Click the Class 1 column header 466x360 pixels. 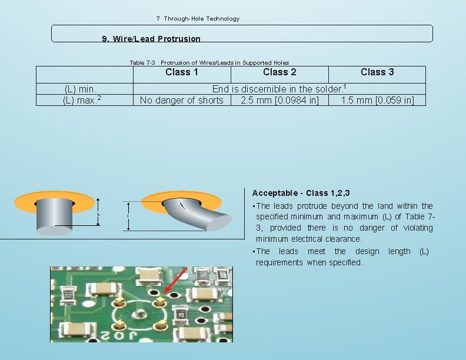[x=182, y=72]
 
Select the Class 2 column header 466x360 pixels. [x=279, y=72]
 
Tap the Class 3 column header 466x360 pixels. [x=377, y=72]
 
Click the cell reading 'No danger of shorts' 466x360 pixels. [x=182, y=100]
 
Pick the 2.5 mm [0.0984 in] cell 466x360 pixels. [x=279, y=100]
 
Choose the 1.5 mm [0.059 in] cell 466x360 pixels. [x=377, y=100]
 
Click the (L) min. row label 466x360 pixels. [x=80, y=89]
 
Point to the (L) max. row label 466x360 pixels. [x=82, y=100]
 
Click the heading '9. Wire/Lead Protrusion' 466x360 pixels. [x=151, y=39]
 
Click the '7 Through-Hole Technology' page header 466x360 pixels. [x=198, y=19]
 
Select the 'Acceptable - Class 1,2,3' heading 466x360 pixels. [x=301, y=193]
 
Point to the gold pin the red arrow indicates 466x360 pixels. [x=158, y=301]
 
